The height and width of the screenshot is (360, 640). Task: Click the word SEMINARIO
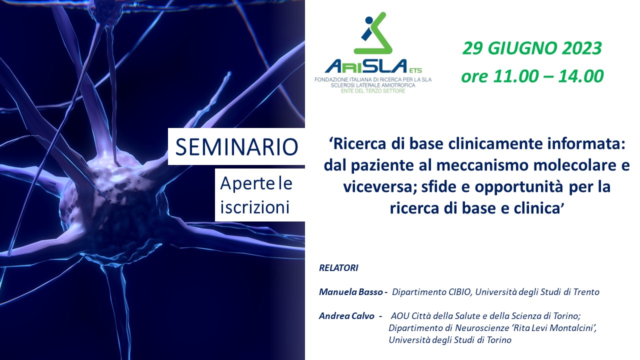(x=236, y=147)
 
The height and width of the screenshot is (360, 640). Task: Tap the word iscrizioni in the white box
(x=255, y=207)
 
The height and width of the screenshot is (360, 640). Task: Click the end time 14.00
(x=581, y=76)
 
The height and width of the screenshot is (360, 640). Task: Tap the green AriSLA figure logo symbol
(x=373, y=33)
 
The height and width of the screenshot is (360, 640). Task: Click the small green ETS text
(x=415, y=70)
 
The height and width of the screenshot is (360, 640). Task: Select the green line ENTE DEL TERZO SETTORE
(x=373, y=91)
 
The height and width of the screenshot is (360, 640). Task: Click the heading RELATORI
(x=338, y=268)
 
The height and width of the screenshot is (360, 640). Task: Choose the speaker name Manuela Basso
(x=351, y=291)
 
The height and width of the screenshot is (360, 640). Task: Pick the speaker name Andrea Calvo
(x=346, y=315)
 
